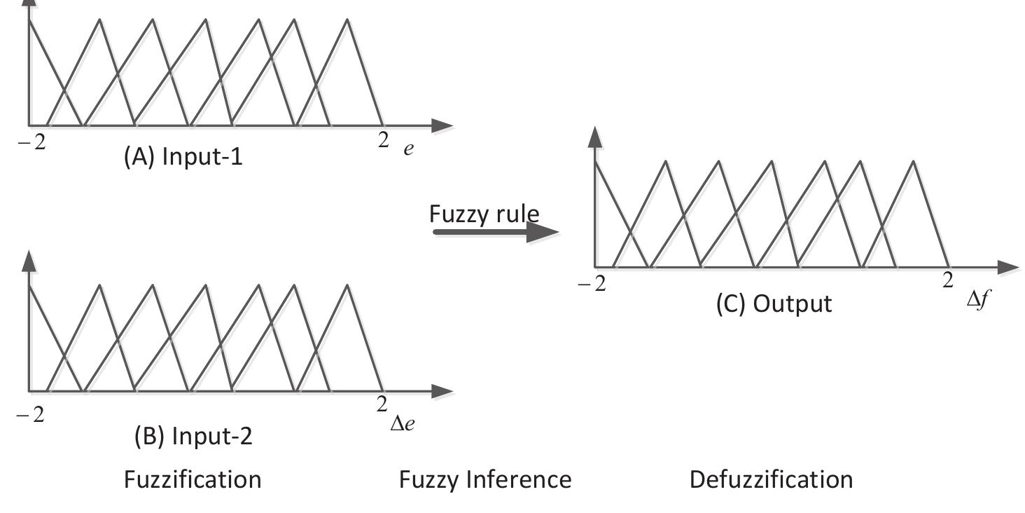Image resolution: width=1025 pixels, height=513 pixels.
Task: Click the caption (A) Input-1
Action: tap(183, 157)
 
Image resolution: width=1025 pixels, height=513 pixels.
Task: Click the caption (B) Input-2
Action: tap(193, 437)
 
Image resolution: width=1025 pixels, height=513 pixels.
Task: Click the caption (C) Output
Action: tap(774, 304)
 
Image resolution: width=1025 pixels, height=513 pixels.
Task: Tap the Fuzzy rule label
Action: tap(484, 213)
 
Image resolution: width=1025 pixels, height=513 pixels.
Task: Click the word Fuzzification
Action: tap(193, 480)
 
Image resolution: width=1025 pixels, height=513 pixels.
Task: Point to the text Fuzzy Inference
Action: tap(485, 480)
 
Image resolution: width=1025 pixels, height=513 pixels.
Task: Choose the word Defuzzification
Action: tap(771, 480)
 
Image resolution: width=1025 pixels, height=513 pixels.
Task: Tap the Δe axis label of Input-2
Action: tap(402, 424)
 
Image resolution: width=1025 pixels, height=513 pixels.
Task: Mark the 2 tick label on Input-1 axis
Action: tap(382, 140)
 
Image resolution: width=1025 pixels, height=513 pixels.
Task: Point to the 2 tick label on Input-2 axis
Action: tap(382, 405)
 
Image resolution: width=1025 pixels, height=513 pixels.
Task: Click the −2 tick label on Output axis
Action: tap(592, 285)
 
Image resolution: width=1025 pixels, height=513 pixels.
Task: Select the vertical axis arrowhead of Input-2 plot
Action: tap(29, 261)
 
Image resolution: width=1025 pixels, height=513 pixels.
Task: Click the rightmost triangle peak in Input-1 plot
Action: tap(347, 20)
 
